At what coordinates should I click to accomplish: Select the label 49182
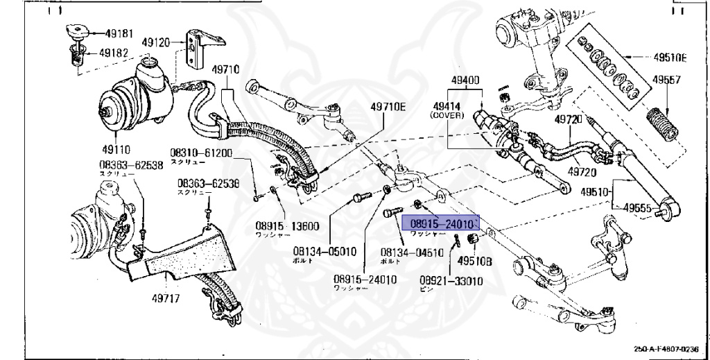pyautogui.click(x=112, y=52)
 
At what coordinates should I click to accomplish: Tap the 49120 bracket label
pyautogui.click(x=155, y=42)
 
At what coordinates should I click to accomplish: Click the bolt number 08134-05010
pyautogui.click(x=324, y=253)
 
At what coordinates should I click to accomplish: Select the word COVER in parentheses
pyautogui.click(x=451, y=115)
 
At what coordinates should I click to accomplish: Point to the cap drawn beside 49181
pyautogui.click(x=76, y=31)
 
